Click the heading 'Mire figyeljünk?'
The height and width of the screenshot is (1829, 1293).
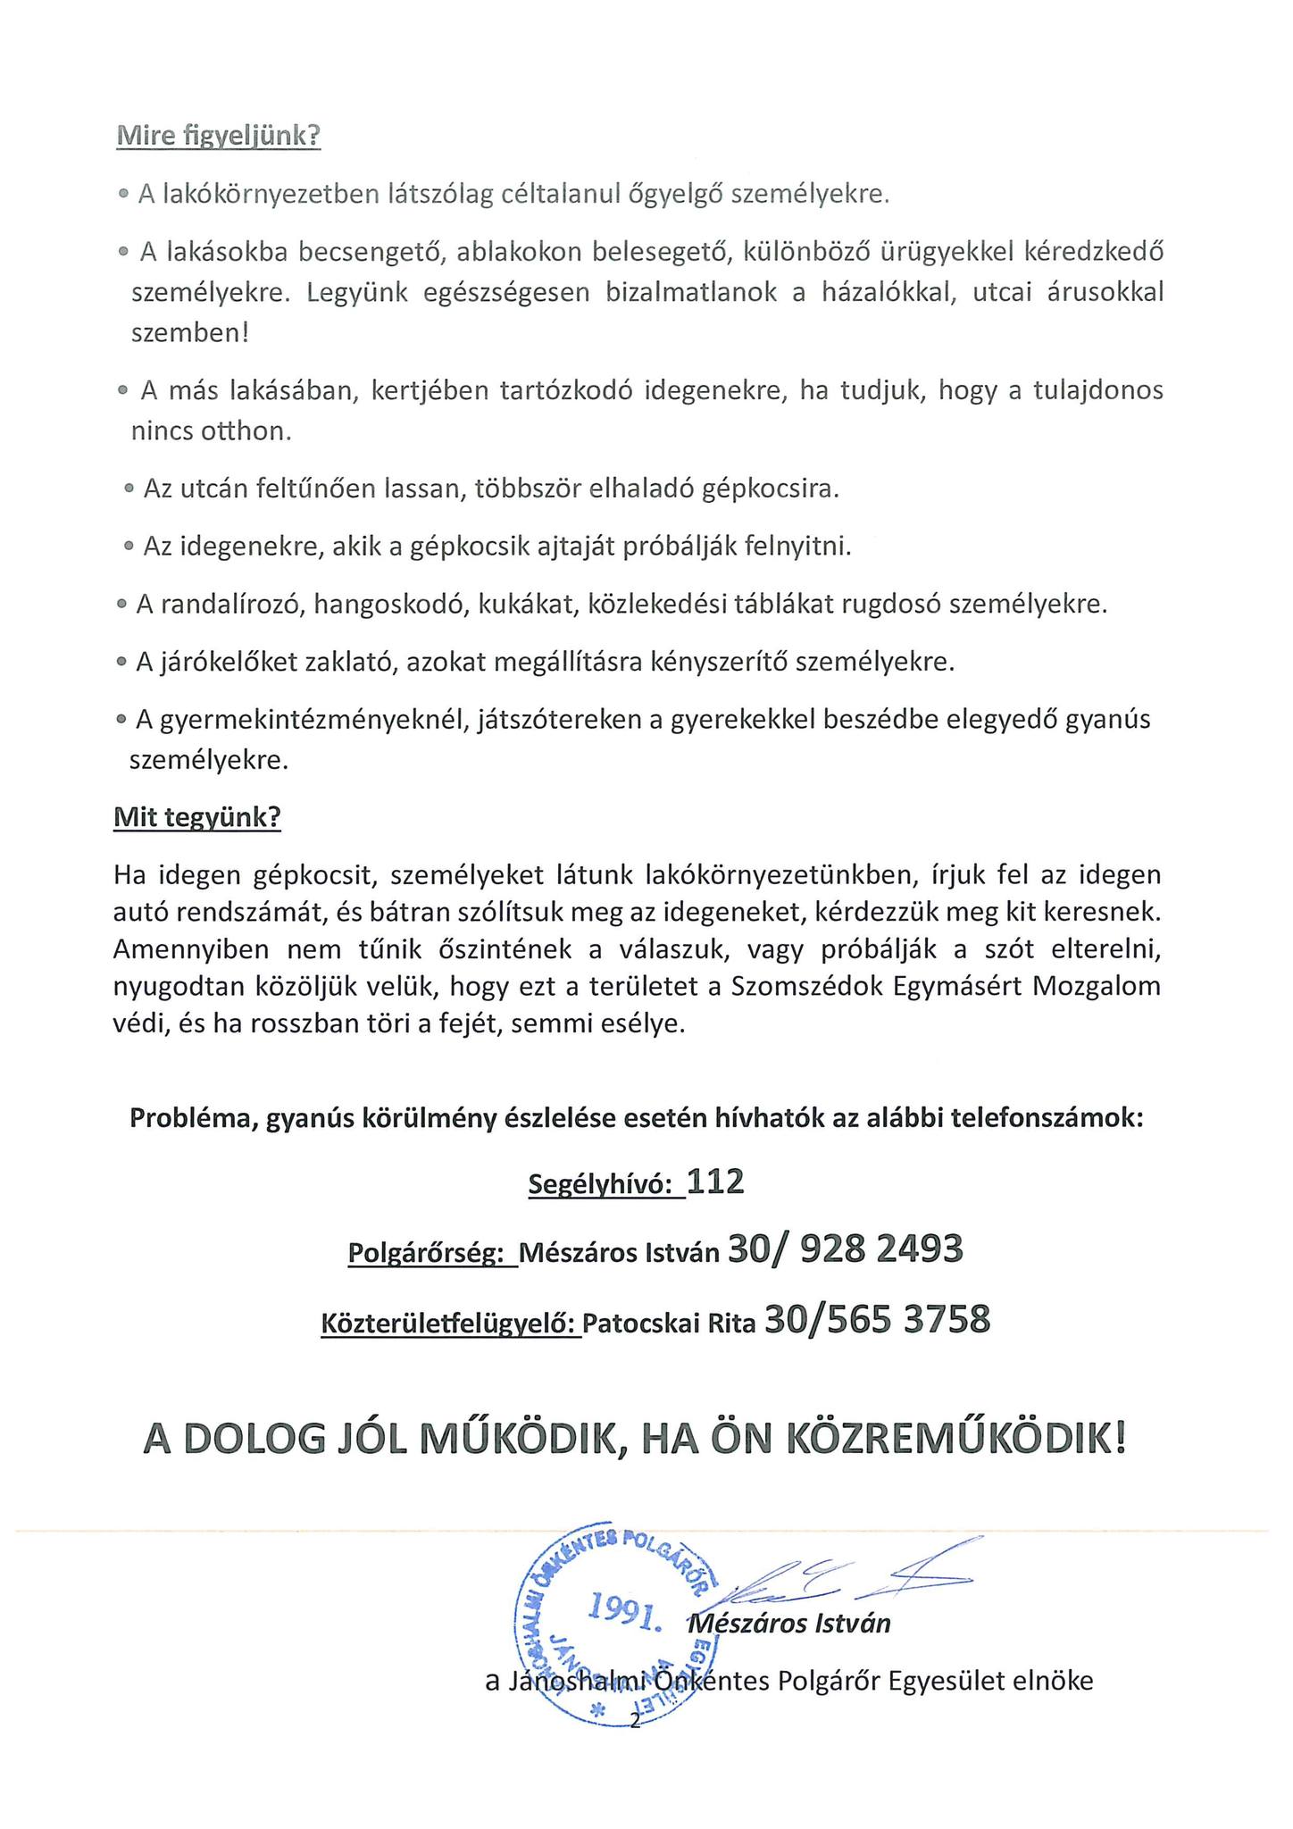[218, 138]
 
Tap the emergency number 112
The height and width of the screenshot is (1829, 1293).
[716, 1182]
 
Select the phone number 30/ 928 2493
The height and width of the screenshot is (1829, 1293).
[846, 1249]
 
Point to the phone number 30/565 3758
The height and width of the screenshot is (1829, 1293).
[878, 1318]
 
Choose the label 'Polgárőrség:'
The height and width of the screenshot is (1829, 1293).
[431, 1253]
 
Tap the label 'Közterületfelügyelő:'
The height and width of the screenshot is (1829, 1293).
[450, 1322]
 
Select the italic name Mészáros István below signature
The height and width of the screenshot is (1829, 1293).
[790, 1622]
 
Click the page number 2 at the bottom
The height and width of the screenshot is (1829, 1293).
[636, 1721]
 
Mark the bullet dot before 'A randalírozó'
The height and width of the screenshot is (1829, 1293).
[122, 605]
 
